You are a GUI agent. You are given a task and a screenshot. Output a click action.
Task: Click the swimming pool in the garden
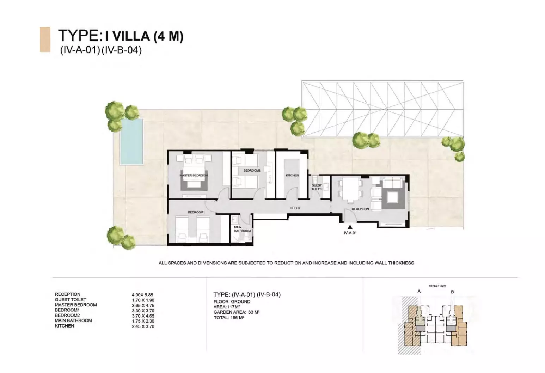click(131, 142)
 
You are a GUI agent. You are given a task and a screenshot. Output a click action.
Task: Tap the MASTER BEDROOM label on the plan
click(194, 175)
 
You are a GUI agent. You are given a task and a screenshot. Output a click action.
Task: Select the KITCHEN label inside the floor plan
click(292, 175)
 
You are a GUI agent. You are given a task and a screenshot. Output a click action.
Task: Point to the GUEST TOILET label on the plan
click(317, 187)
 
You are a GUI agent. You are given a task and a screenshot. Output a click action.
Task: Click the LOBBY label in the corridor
click(295, 208)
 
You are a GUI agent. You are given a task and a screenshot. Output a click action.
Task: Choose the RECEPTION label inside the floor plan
click(360, 209)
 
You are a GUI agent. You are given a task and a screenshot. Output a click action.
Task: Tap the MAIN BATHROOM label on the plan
click(242, 229)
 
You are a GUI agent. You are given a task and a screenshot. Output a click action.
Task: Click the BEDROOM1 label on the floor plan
click(196, 212)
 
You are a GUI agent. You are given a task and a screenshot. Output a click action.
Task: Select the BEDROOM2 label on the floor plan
click(252, 171)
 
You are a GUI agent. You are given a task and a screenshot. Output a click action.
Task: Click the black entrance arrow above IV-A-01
click(350, 227)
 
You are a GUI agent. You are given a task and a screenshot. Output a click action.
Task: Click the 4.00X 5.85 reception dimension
click(142, 295)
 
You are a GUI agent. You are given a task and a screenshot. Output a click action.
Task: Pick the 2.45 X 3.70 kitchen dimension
click(143, 326)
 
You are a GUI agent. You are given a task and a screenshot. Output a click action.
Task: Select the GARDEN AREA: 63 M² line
click(237, 312)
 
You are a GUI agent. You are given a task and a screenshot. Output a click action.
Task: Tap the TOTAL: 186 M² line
click(229, 318)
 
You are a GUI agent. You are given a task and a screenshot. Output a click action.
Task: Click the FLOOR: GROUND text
click(232, 302)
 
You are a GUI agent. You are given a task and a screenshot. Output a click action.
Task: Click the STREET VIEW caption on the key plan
click(437, 286)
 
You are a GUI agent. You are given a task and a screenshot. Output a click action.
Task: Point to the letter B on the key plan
click(452, 292)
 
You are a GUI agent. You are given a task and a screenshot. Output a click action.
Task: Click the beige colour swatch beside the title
click(45, 39)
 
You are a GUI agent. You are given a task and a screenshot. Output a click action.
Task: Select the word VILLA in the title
click(131, 36)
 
